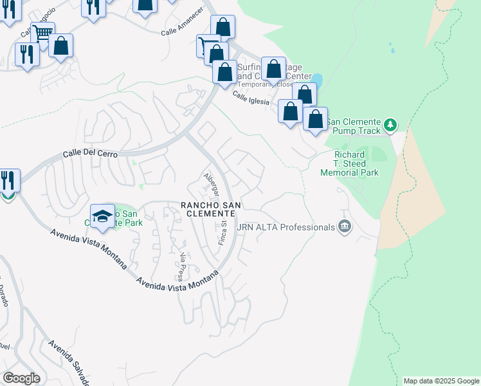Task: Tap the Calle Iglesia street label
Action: point(250,98)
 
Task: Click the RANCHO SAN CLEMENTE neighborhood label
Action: point(211,209)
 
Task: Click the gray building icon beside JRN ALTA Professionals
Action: point(345,226)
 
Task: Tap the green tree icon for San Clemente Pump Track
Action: point(390,124)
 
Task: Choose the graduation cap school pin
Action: point(102,217)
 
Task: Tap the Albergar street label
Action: point(212,185)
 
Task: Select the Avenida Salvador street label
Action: point(68,363)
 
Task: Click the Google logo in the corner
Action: point(21,378)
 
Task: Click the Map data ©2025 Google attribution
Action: point(441,381)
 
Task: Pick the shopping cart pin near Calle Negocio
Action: point(42,33)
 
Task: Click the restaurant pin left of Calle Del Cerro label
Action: point(8,179)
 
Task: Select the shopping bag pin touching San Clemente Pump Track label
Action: point(315,119)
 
